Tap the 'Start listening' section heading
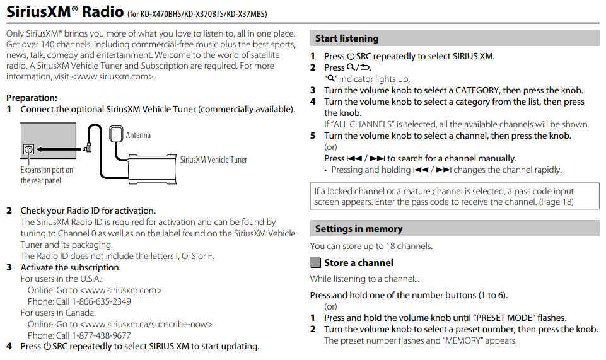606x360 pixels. pyautogui.click(x=347, y=38)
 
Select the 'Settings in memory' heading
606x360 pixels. pyautogui.click(x=358, y=229)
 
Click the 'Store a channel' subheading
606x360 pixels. pyautogui.click(x=358, y=263)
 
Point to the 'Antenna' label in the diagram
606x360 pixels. pyautogui.click(x=138, y=135)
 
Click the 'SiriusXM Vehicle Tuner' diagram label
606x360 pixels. pyautogui.click(x=214, y=160)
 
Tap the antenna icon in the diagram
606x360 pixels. pyautogui.click(x=117, y=135)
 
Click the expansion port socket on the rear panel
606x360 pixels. pyautogui.click(x=28, y=150)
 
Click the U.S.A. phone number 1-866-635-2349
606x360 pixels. pyautogui.click(x=101, y=301)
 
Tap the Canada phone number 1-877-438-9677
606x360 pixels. pyautogui.click(x=101, y=335)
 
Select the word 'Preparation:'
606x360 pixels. pyautogui.click(x=32, y=98)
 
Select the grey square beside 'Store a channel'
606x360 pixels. pyautogui.click(x=315, y=263)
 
